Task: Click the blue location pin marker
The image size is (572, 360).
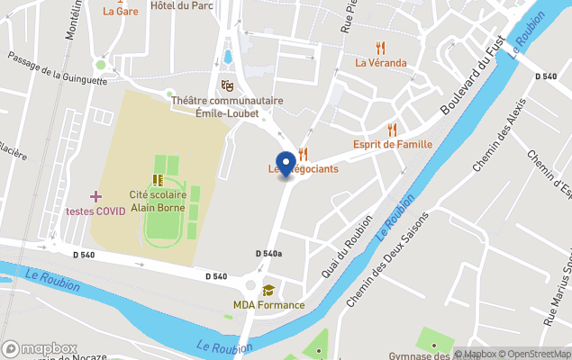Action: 286,164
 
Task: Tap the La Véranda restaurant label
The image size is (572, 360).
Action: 380,63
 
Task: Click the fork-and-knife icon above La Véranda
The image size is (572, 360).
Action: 381,48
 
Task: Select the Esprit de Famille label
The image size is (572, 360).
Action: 393,144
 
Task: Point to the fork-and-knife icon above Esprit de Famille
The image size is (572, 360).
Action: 392,130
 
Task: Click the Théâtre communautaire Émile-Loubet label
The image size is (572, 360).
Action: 227,106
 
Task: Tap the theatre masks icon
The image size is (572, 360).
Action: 227,85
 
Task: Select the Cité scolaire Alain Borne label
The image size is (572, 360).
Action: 158,200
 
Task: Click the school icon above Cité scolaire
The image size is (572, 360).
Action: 158,180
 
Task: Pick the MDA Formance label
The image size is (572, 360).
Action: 268,305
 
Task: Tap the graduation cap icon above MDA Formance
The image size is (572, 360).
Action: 268,290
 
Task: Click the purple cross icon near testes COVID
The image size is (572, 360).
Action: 95,196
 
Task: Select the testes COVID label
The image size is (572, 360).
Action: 95,211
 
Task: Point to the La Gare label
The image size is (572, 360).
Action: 120,12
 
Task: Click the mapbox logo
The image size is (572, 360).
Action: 40,348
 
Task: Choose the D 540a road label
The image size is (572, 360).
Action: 268,254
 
